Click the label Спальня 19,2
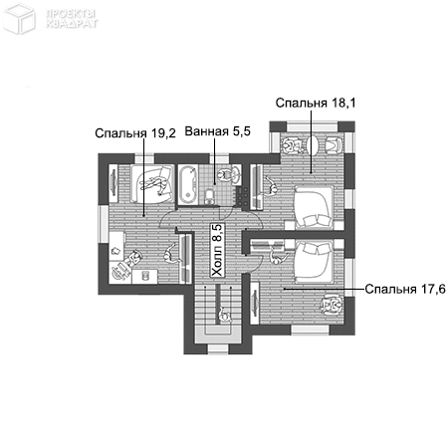[135, 133]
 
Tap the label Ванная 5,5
[217, 131]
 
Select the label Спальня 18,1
[316, 103]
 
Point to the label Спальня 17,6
[405, 289]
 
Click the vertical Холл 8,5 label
[218, 250]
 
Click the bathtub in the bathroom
[188, 185]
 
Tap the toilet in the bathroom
[209, 196]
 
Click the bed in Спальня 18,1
[314, 207]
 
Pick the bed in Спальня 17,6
[314, 262]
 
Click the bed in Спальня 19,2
[152, 183]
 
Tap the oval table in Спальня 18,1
[314, 144]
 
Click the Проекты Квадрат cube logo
[19, 18]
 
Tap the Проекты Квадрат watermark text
[72, 19]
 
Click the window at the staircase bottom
[218, 349]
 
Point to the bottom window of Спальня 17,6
[311, 330]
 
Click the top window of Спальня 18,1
[312, 126]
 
